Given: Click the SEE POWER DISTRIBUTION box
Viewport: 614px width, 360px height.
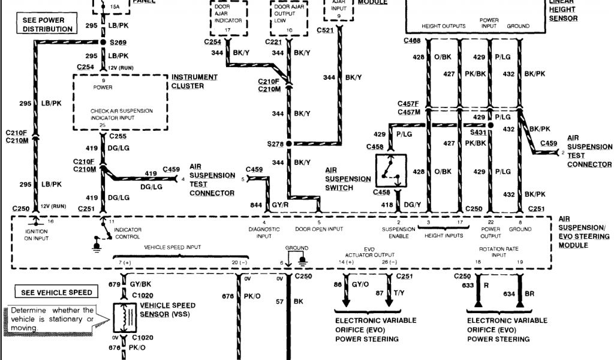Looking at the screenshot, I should click(x=47, y=24).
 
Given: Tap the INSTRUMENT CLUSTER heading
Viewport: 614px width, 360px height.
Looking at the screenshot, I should click(x=188, y=82).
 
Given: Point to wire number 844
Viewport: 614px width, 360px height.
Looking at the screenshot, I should click(x=255, y=205).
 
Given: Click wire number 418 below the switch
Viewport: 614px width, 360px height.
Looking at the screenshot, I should click(x=388, y=205).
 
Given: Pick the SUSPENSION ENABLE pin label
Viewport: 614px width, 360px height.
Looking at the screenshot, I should click(x=399, y=232).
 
